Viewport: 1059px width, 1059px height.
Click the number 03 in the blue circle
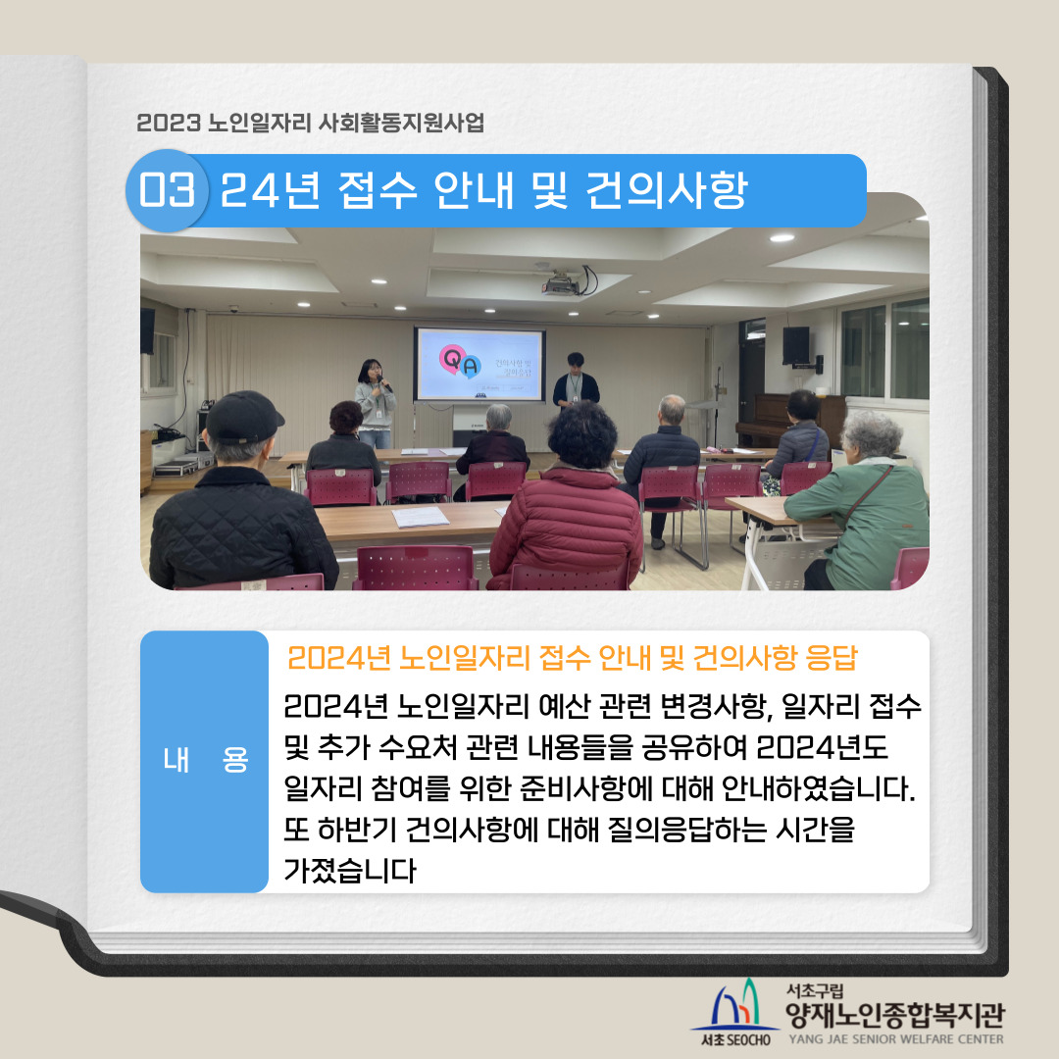point(167,189)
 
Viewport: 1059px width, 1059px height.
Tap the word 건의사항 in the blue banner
point(666,190)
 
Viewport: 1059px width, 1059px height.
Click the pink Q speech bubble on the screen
point(452,359)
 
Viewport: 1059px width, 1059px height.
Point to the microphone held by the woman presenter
point(384,382)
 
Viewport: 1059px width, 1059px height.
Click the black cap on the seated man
point(242,417)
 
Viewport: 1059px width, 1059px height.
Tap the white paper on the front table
point(420,517)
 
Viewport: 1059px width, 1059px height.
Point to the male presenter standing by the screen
point(576,380)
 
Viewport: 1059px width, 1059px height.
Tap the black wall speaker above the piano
point(796,345)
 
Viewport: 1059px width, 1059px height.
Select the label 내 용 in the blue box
point(205,761)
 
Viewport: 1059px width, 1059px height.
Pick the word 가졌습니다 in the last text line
point(349,870)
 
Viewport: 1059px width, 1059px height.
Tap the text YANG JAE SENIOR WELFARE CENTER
point(896,1039)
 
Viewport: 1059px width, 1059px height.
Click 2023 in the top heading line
point(169,123)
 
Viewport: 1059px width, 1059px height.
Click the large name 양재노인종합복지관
point(895,1015)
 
